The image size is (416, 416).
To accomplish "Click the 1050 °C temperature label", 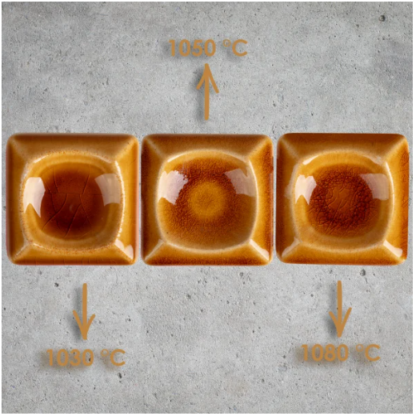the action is coord(208,48).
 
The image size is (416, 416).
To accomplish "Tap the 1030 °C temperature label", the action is coord(86,358).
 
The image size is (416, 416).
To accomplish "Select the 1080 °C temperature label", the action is coord(341,353).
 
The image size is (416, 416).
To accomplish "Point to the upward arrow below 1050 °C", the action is coord(207,92).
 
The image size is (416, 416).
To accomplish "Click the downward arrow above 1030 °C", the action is coord(84,311).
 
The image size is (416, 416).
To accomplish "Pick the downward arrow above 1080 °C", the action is coord(340,309).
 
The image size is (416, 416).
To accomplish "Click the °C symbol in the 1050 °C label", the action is coord(235,48).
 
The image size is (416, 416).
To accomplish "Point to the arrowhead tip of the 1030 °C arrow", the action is coord(85,340).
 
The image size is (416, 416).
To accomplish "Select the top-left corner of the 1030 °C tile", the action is coord(7,136).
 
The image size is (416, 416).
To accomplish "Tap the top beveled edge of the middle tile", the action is coord(207,142).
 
